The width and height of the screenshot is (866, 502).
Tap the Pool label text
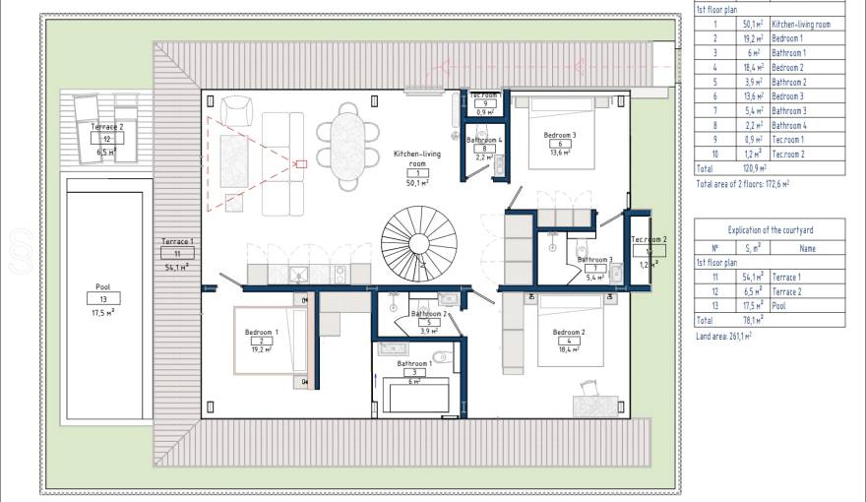point(102,287)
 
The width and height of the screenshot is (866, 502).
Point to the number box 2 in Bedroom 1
point(262,341)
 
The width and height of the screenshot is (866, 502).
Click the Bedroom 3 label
point(560,135)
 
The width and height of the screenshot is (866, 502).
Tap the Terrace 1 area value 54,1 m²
point(177,266)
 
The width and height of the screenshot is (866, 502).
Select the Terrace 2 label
point(107,127)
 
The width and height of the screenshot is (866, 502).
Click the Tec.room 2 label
point(649,240)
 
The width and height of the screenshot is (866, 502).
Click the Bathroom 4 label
point(484,141)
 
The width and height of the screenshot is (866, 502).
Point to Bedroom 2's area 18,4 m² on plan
point(569,350)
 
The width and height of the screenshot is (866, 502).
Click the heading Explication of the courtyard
point(770,230)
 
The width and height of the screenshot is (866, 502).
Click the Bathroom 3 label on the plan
point(595,260)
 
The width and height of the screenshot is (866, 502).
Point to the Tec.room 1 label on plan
point(482,94)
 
